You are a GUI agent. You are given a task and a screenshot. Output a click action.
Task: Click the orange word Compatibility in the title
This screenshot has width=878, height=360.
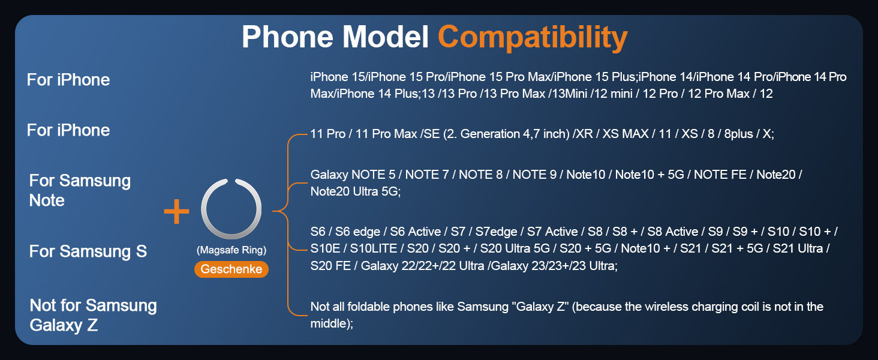click(x=533, y=38)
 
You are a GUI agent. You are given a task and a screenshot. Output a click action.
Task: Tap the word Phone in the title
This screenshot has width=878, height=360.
click(x=288, y=37)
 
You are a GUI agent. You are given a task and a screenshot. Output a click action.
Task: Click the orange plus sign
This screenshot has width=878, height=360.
click(x=176, y=211)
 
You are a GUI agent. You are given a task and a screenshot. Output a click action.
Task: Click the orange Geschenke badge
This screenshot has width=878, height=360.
click(x=231, y=269)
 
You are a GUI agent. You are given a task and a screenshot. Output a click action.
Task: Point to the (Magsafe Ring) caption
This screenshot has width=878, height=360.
click(x=231, y=250)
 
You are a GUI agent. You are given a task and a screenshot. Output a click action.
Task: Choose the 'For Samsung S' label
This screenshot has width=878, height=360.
click(x=88, y=251)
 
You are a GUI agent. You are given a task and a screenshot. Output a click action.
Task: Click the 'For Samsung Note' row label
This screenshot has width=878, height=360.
click(x=80, y=190)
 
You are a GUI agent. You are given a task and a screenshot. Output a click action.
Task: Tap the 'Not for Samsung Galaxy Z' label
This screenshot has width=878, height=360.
click(x=94, y=315)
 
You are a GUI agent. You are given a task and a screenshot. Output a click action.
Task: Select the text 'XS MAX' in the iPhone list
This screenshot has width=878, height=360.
click(x=625, y=134)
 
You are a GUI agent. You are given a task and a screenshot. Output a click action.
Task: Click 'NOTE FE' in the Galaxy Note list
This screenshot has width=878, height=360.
click(x=720, y=175)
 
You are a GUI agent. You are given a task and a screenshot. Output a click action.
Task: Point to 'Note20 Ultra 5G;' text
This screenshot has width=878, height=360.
click(x=356, y=191)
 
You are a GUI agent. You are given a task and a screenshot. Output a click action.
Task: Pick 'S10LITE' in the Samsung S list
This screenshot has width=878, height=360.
click(x=374, y=248)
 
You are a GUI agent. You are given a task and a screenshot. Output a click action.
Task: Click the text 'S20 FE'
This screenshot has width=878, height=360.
click(x=330, y=266)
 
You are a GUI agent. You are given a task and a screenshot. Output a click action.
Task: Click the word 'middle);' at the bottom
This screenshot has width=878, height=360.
click(x=332, y=323)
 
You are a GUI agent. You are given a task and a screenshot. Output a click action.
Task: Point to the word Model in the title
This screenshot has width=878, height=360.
click(x=386, y=37)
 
